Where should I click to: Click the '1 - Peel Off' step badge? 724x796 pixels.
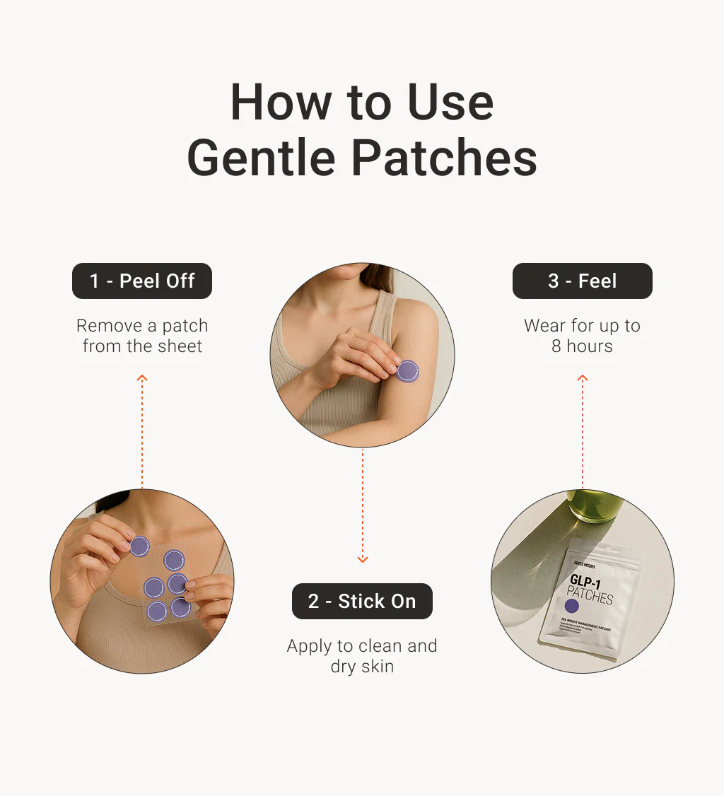(x=142, y=281)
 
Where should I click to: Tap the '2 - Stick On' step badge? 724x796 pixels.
(x=362, y=602)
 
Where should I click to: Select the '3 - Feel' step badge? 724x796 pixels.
(x=582, y=281)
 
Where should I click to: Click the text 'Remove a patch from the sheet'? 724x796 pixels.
(x=142, y=336)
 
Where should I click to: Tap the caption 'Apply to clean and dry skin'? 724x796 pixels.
(x=362, y=656)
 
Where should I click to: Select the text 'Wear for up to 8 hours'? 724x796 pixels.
(x=582, y=336)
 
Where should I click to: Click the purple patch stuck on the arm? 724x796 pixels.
(x=407, y=370)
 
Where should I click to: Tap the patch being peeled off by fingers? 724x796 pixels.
(x=139, y=546)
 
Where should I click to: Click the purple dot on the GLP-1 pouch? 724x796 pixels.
(x=572, y=606)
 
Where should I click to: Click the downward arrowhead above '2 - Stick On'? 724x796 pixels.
(x=362, y=558)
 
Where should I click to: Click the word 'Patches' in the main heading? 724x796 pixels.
(x=444, y=159)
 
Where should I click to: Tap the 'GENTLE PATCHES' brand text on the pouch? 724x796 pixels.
(x=580, y=566)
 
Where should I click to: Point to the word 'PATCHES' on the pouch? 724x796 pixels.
(x=590, y=597)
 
